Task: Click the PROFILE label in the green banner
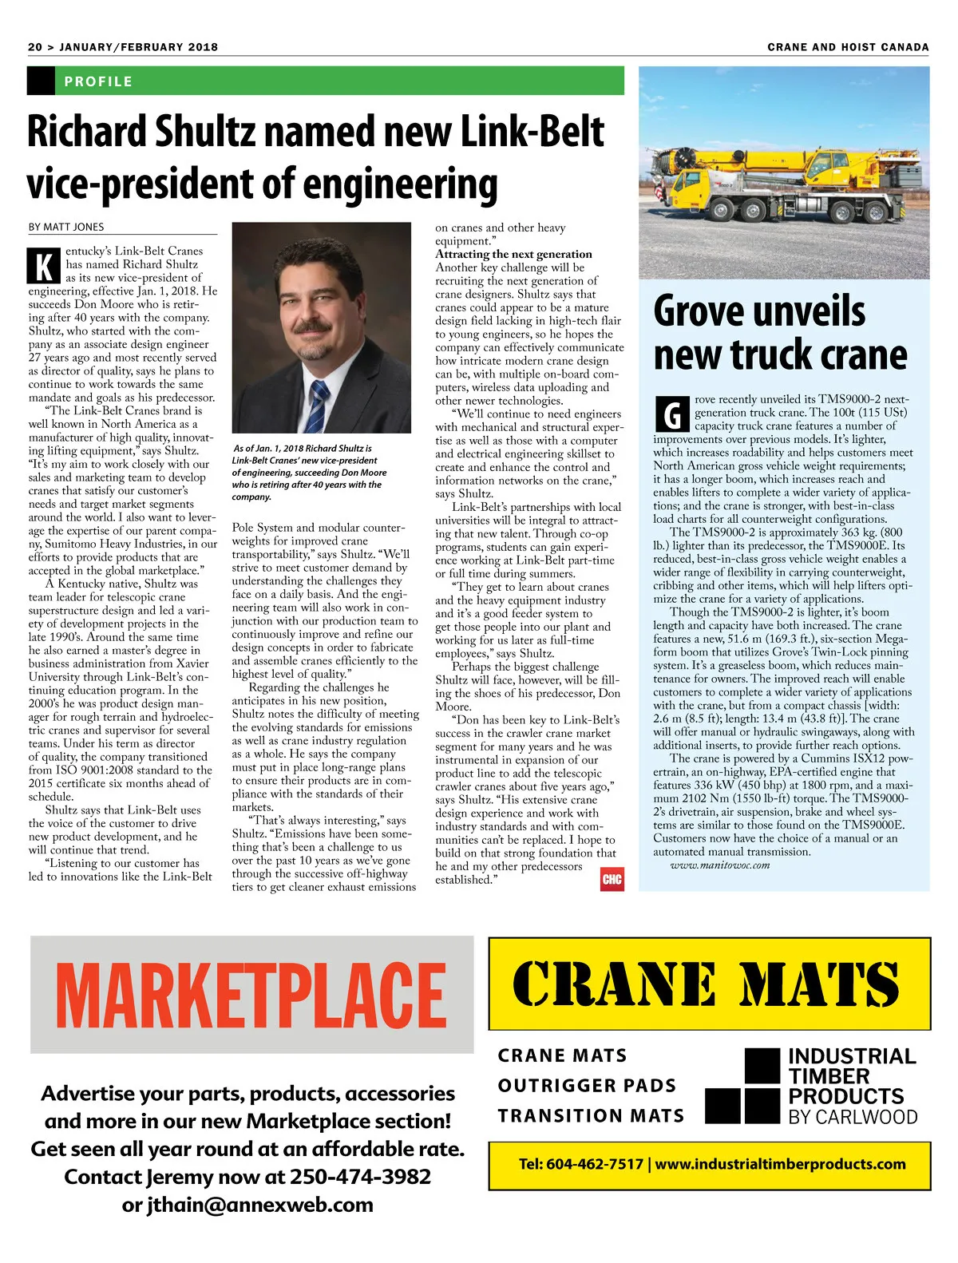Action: (98, 81)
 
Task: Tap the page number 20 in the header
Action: (35, 47)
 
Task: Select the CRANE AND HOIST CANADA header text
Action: (848, 47)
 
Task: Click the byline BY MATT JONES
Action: (66, 227)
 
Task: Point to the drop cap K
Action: (44, 265)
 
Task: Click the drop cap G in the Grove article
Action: (671, 414)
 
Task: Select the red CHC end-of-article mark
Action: (612, 879)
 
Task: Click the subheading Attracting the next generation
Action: (513, 254)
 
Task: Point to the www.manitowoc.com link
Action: (719, 865)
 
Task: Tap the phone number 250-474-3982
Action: (360, 1177)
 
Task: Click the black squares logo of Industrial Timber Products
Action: (742, 1087)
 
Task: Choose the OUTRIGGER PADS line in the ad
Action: (587, 1086)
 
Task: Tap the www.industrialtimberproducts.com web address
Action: (780, 1164)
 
